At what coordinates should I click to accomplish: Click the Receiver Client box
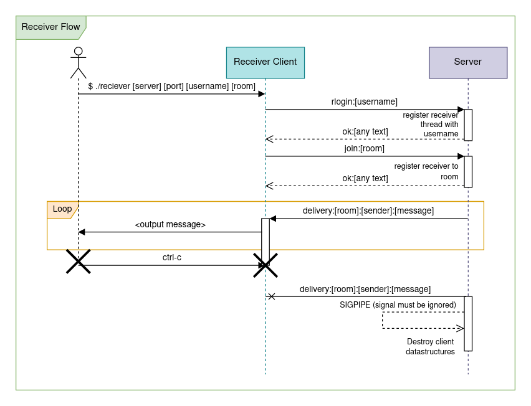(x=265, y=62)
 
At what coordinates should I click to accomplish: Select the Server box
(x=467, y=62)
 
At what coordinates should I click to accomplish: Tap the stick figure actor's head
(x=78, y=51)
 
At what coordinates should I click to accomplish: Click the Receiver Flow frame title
(x=50, y=27)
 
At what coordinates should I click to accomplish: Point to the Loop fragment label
(x=62, y=209)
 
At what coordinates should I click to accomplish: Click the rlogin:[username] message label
(x=364, y=101)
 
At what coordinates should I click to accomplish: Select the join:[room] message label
(x=364, y=148)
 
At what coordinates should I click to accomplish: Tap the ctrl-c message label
(x=171, y=257)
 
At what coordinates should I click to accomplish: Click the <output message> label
(x=170, y=224)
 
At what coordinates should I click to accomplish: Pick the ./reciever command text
(x=171, y=86)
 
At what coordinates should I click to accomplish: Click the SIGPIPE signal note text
(x=398, y=304)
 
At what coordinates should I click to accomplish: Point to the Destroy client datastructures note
(x=430, y=346)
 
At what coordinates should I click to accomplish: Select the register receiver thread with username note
(x=431, y=124)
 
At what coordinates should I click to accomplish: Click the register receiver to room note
(x=426, y=171)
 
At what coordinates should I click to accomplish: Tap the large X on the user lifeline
(x=79, y=262)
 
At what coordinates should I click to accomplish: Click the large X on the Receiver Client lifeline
(x=265, y=265)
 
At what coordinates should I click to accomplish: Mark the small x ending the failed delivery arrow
(x=271, y=296)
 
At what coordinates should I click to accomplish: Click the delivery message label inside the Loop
(x=368, y=210)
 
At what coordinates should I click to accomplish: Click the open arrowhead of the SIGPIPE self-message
(x=460, y=328)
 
